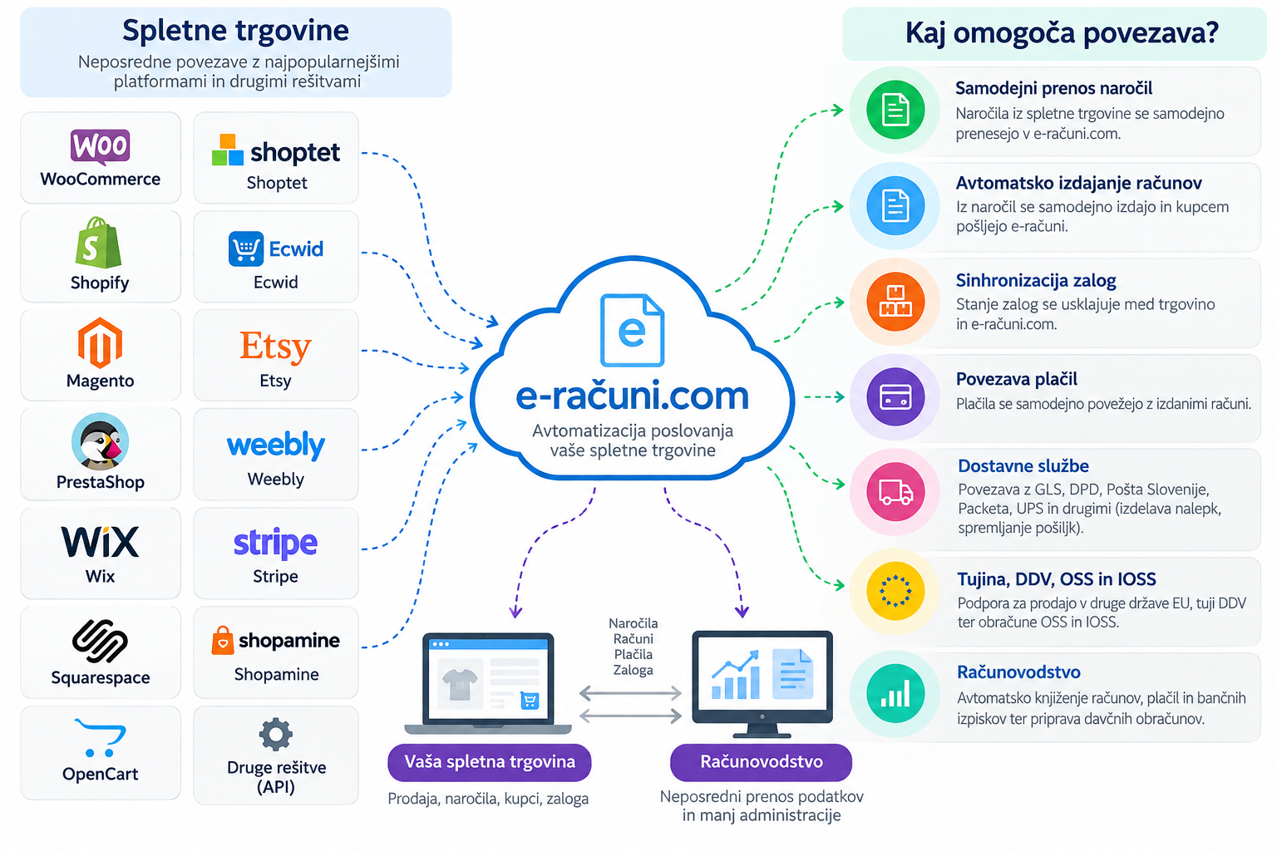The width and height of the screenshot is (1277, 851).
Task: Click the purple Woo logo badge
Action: (100, 146)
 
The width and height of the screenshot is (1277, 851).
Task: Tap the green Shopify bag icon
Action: (99, 243)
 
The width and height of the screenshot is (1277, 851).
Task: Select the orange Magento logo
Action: (100, 343)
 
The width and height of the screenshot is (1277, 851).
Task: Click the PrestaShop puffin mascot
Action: (101, 441)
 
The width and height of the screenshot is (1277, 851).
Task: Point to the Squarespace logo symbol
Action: (100, 642)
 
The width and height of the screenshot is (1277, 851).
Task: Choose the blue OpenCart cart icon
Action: (100, 738)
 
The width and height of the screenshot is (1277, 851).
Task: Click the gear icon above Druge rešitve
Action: (276, 734)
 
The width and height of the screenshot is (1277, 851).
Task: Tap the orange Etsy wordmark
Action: (275, 346)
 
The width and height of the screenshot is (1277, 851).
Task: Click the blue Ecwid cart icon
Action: (246, 249)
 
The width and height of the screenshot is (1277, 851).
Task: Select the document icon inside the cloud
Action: (632, 330)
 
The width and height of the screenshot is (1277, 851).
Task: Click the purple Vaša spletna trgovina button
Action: (489, 762)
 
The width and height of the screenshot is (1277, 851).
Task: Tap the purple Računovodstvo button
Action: (761, 762)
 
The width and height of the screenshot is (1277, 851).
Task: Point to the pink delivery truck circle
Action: (895, 492)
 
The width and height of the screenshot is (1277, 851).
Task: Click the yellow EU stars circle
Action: (895, 591)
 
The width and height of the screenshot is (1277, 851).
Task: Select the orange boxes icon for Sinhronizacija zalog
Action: (895, 302)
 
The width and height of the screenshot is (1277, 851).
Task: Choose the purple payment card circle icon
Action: (895, 396)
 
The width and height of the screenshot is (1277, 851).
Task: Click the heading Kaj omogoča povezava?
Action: (1062, 33)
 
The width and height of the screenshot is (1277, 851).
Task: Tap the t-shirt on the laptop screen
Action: (460, 684)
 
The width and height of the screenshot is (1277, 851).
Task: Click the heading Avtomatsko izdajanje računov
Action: (1078, 183)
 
